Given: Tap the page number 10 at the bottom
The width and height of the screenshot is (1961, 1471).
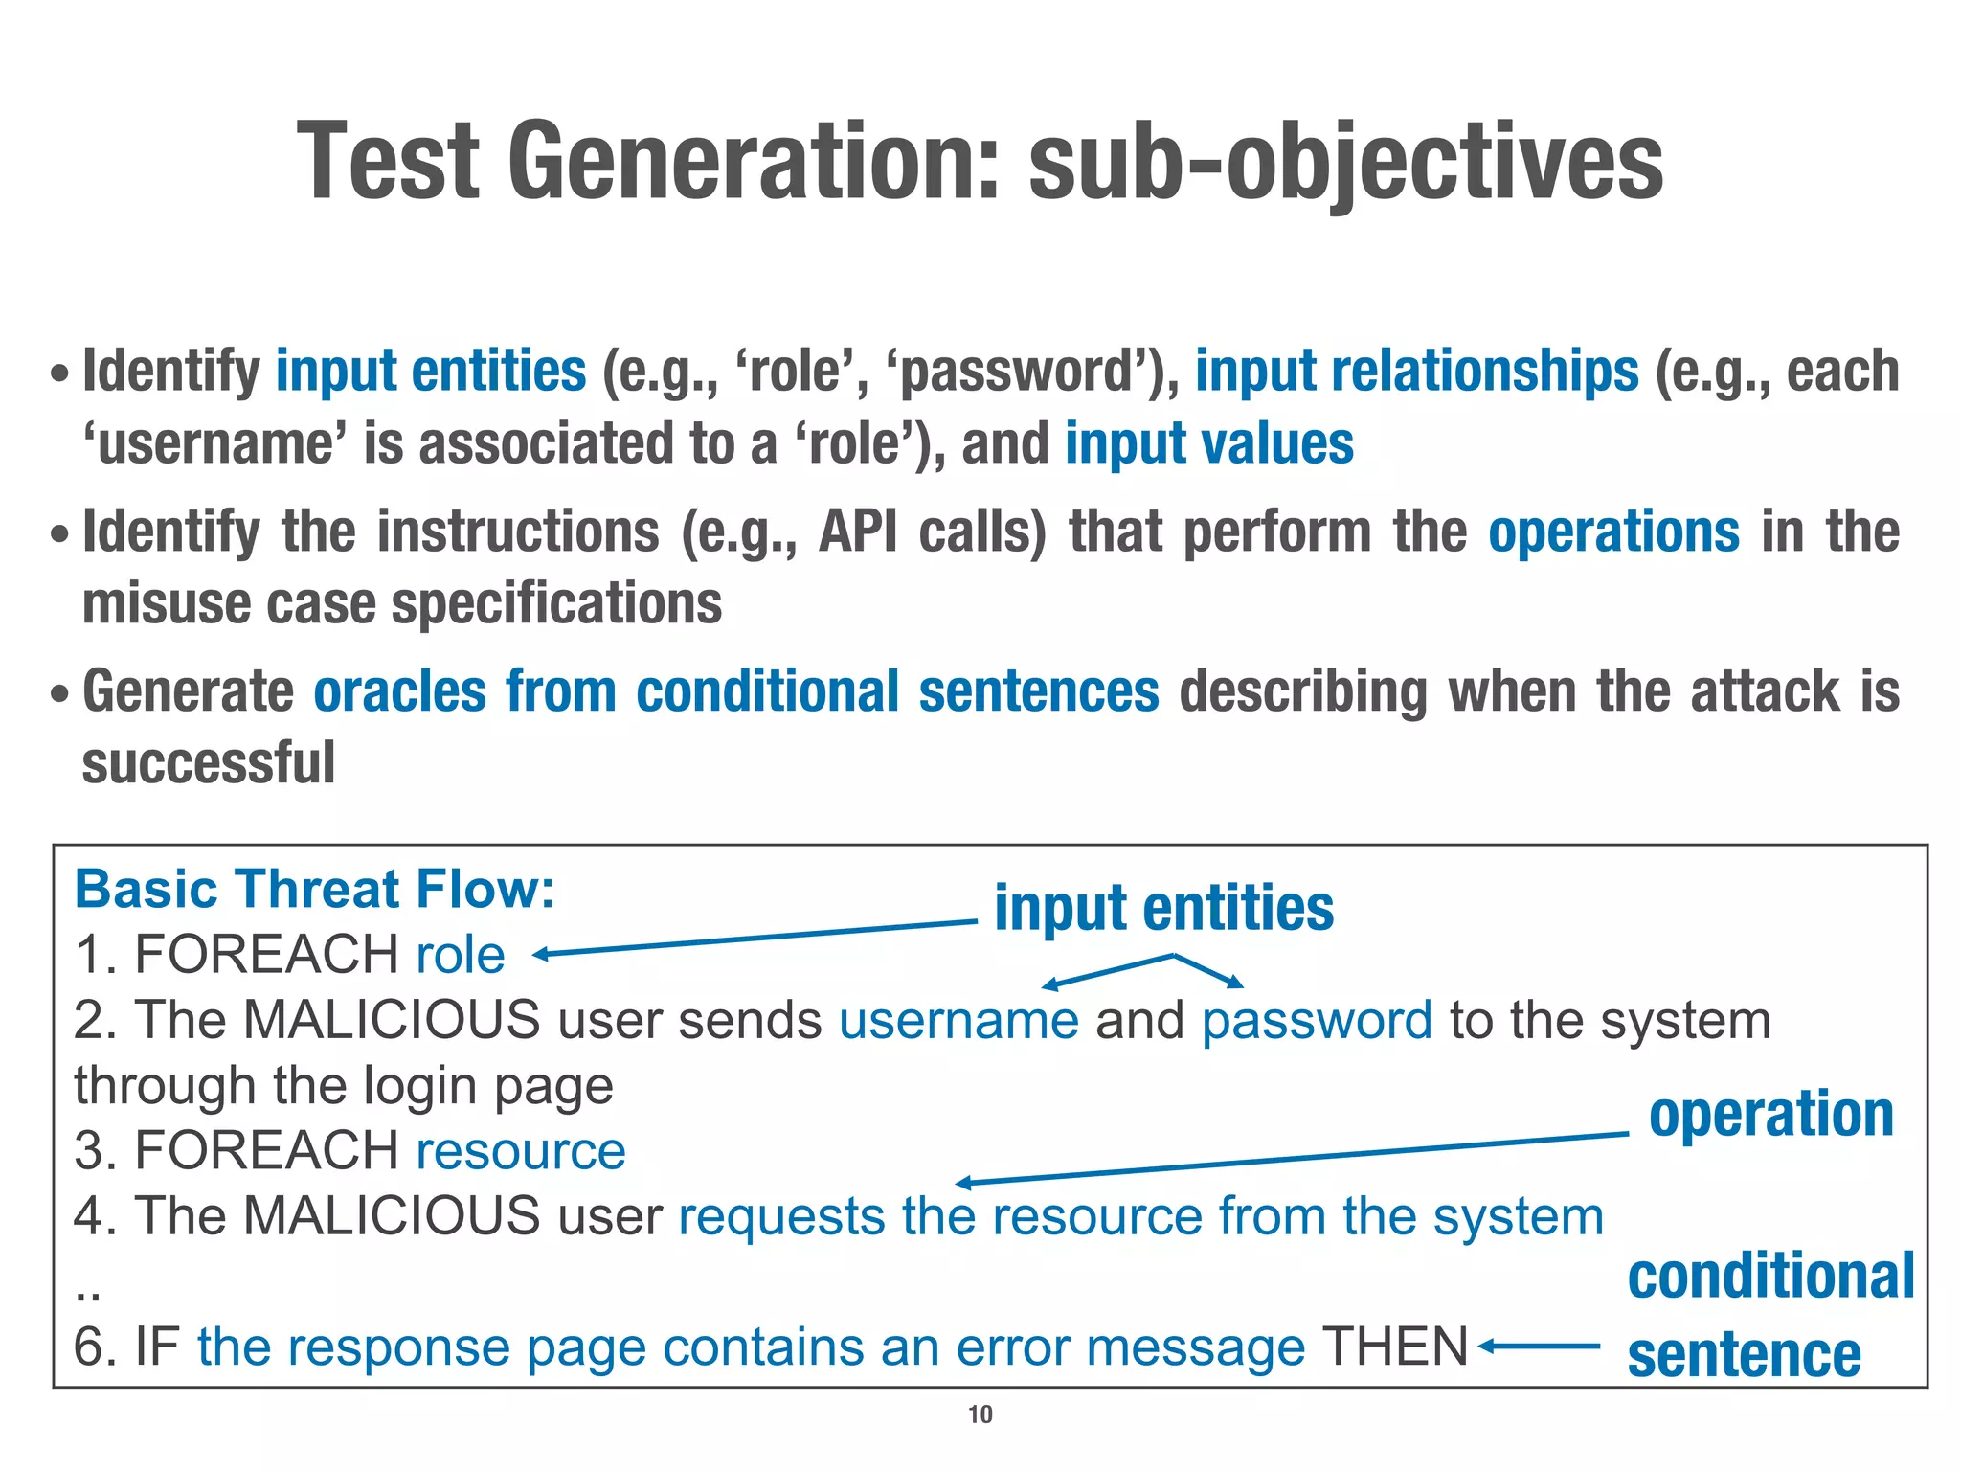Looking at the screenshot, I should pos(980,1414).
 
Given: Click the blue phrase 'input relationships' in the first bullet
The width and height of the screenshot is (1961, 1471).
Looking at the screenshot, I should pos(1416,372).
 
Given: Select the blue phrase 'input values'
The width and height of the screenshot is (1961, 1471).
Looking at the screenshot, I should pos(1209,444).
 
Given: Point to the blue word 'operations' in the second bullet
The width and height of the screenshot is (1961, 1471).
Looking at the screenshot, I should pos(1613,532).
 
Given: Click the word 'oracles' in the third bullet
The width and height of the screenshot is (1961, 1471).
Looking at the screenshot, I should pos(399,691).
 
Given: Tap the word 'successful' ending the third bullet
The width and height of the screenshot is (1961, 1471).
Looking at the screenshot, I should pos(209,763).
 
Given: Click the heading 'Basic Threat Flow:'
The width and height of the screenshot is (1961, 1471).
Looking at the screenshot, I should pos(315,889).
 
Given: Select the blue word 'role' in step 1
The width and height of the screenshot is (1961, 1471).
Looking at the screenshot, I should pos(461,955).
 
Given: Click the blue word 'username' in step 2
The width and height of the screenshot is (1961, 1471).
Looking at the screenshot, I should pos(958,1020).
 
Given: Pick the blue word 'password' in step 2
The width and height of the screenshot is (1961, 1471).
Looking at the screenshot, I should pos(1317,1020).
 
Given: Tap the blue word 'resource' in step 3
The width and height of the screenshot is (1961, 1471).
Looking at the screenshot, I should pos(521,1150).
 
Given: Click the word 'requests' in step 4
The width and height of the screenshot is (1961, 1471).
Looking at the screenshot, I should pos(781,1216).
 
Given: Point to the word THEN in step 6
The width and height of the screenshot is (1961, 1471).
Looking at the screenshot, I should pos(1394,1347).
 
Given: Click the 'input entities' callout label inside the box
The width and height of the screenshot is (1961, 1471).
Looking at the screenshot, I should pos(1163,908).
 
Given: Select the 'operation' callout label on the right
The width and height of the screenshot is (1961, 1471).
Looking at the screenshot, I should pos(1770,1115).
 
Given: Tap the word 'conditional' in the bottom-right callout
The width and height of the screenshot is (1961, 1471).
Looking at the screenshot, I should pos(1770,1277).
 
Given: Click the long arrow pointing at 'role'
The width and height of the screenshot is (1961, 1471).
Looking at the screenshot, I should pos(756,939).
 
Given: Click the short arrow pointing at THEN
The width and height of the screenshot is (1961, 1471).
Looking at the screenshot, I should pos(1538,1347).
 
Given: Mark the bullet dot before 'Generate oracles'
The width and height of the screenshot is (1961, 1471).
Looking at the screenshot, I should pos(60,692).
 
